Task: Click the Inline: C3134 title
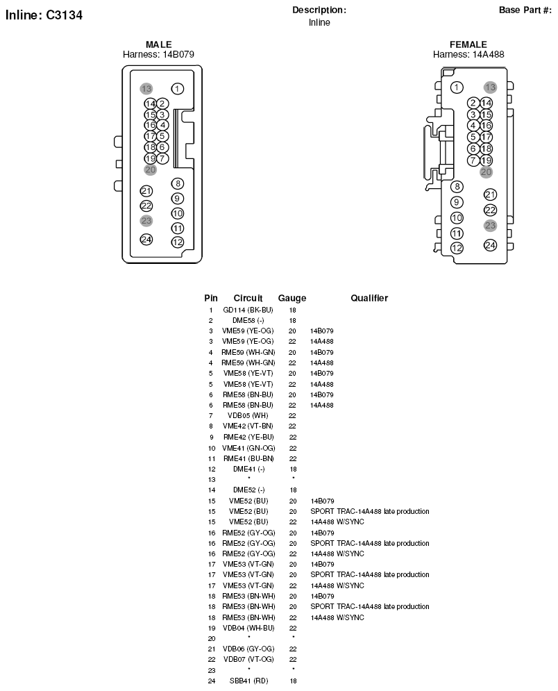point(44,15)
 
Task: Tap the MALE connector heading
point(158,44)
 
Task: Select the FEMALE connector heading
point(468,44)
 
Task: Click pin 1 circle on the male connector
point(178,89)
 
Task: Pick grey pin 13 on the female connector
point(490,88)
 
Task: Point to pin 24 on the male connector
point(146,240)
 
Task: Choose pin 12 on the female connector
point(457,248)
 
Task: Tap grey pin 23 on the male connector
point(146,221)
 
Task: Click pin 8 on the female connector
point(457,187)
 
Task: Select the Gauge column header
point(292,299)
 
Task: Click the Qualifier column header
point(369,298)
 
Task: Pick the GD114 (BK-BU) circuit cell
point(248,310)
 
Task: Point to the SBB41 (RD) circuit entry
point(248,681)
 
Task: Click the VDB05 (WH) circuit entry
point(248,415)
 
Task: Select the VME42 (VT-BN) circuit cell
point(248,426)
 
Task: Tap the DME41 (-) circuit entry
point(249,469)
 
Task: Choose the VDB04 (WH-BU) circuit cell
point(248,628)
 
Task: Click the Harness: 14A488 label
point(468,54)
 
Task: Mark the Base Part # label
point(525,10)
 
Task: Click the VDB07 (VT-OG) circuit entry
point(248,659)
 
